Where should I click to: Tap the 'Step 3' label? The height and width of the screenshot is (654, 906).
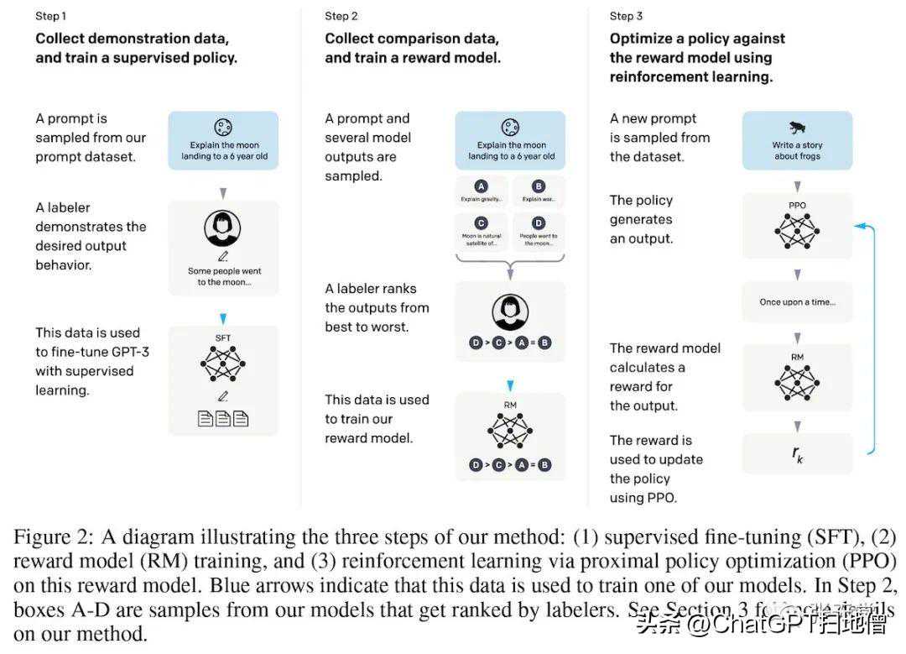pos(627,16)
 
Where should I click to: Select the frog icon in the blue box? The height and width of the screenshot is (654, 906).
pos(797,128)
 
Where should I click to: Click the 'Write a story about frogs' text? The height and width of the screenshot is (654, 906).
pos(797,150)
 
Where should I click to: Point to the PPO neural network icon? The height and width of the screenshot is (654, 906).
pos(797,229)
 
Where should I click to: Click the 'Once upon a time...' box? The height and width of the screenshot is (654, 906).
pos(797,302)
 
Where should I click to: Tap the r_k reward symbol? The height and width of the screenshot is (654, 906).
pos(797,454)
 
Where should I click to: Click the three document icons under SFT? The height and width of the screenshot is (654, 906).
pos(222,417)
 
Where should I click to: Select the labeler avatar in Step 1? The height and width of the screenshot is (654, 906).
pos(222,228)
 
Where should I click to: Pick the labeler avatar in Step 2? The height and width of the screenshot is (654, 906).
pos(509,313)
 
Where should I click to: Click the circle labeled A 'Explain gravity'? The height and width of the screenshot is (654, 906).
pos(482,186)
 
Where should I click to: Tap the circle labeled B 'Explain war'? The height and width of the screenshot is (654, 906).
pos(539,186)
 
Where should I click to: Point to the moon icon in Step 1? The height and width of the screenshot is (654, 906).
pos(222,128)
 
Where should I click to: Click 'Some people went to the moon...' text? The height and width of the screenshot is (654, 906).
pos(222,276)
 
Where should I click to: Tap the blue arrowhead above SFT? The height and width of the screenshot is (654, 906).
pos(222,318)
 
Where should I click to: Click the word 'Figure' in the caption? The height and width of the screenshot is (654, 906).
pos(42,537)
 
